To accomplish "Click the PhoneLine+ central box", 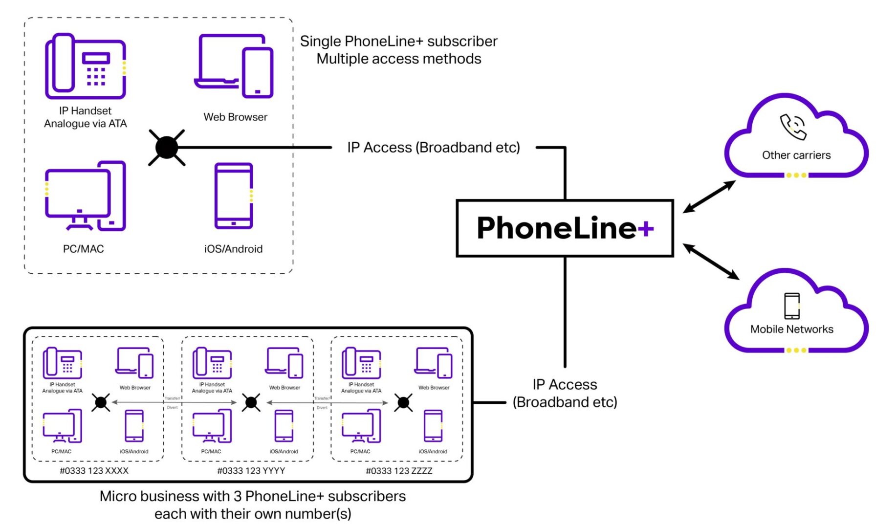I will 565,228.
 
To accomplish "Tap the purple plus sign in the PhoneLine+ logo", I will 645,228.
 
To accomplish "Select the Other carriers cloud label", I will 796,155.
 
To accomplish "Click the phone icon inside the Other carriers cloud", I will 792,127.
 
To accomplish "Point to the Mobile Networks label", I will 791,329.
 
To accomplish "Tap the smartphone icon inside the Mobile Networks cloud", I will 791,306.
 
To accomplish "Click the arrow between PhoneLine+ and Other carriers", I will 709,197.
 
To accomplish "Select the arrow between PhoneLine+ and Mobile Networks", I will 711,262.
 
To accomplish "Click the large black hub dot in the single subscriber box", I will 167,147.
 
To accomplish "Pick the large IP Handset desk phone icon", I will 86,66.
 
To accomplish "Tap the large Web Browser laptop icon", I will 235,66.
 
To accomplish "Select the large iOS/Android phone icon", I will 234,196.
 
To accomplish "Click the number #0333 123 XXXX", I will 94,471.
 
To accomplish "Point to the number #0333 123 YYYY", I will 251,471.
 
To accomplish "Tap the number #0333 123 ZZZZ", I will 399,471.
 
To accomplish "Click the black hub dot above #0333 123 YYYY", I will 251,402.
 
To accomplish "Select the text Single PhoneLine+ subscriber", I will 398,41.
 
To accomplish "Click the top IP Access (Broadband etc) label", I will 433,147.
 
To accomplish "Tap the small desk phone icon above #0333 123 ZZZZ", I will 361,363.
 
